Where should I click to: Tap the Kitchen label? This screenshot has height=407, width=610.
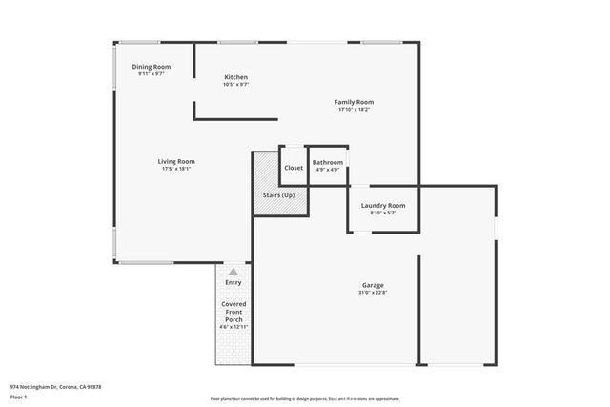click(x=236, y=77)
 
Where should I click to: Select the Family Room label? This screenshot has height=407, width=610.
click(x=354, y=102)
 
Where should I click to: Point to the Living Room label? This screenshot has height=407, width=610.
click(x=176, y=161)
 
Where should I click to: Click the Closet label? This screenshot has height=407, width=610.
click(x=294, y=168)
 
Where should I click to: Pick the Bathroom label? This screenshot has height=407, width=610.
click(x=328, y=163)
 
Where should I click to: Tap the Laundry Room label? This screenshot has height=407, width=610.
click(x=383, y=205)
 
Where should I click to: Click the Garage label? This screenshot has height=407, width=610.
click(x=373, y=285)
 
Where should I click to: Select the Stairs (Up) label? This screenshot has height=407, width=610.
click(x=279, y=195)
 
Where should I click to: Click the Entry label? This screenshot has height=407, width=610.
click(x=234, y=282)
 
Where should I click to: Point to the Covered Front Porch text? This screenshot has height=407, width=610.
click(x=234, y=312)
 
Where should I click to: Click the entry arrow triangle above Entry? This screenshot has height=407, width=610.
click(x=234, y=272)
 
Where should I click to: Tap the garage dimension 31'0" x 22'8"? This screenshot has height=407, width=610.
click(x=373, y=293)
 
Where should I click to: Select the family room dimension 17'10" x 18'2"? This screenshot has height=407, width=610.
click(x=354, y=110)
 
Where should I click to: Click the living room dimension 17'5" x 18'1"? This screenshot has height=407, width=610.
click(x=176, y=169)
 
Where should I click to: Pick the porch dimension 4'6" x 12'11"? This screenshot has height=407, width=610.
click(x=234, y=327)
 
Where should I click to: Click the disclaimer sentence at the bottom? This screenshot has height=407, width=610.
click(x=305, y=399)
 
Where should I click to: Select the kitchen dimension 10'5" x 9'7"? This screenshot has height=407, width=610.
click(x=236, y=85)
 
